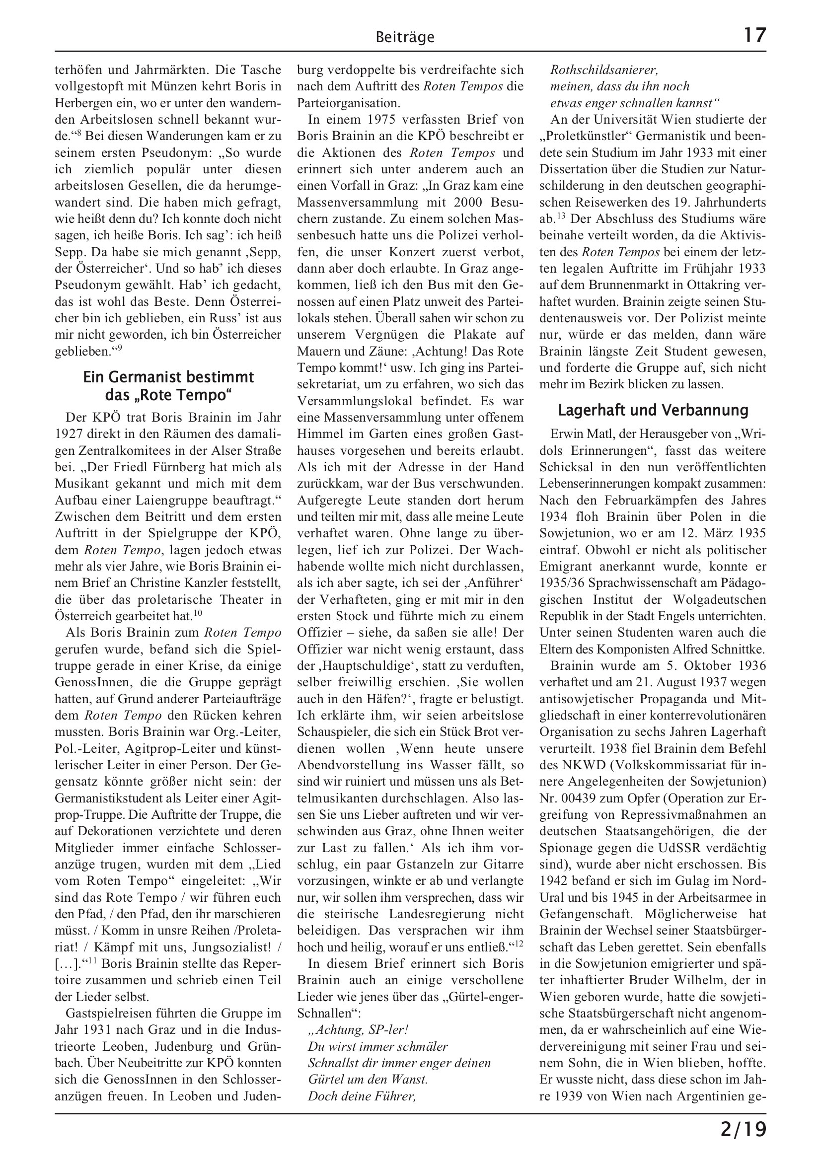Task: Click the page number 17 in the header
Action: pos(755,35)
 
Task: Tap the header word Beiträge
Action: pos(405,37)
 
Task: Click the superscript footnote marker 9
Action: pos(119,348)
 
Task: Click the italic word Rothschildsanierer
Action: pos(604,70)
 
